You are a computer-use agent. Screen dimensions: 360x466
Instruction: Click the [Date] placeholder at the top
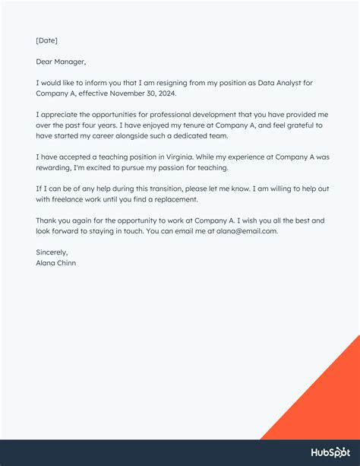click(x=46, y=40)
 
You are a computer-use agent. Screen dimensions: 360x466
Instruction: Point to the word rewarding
click(x=54, y=168)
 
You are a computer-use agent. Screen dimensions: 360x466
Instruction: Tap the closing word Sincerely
click(x=52, y=252)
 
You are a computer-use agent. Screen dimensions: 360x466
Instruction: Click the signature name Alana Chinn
click(x=55, y=263)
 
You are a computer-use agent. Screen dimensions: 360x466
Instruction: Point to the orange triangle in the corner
click(x=327, y=403)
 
